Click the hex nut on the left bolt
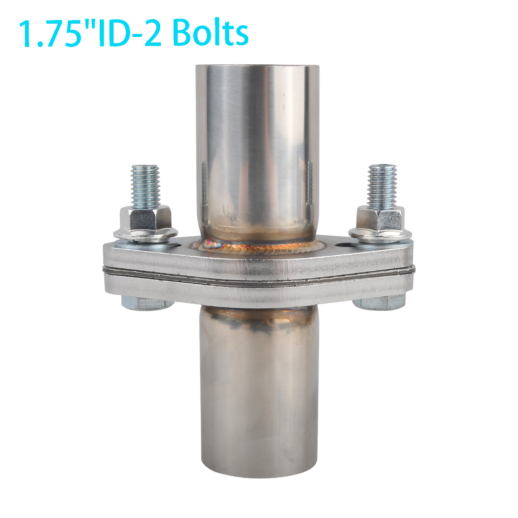144,218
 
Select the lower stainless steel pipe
258,388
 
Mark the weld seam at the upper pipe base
258,247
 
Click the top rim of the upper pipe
257,67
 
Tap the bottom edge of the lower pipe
258,475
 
